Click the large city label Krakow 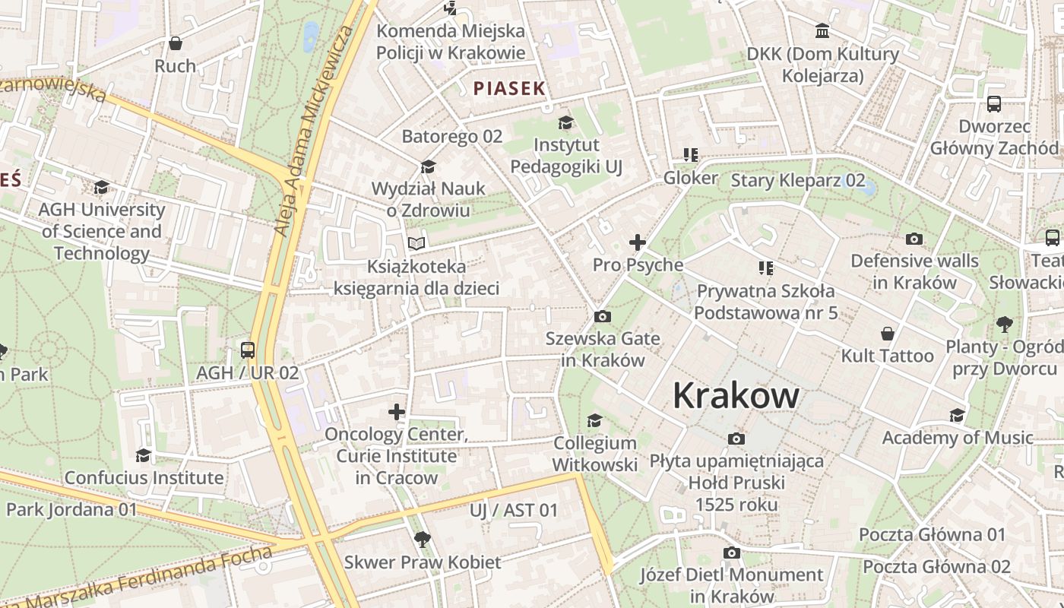click(736, 396)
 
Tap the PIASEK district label click(509, 88)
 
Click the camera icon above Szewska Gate click(603, 316)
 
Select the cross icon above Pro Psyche click(637, 242)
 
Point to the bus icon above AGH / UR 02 click(248, 350)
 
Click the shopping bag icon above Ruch click(176, 43)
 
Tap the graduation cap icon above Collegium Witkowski click(594, 420)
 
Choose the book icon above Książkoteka click(416, 243)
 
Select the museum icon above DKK click(822, 31)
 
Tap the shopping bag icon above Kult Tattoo click(887, 334)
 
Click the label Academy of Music click(958, 438)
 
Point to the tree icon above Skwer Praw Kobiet click(423, 540)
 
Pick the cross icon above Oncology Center click(397, 412)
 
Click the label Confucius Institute click(144, 478)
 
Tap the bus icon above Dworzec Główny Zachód click(993, 104)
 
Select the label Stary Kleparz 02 click(798, 180)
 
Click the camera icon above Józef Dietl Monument click(731, 553)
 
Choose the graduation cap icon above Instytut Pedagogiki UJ click(565, 122)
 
